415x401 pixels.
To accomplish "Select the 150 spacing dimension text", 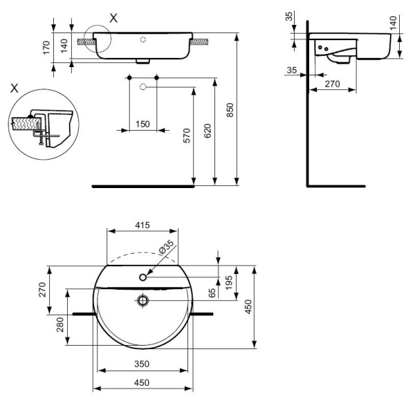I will point(142,124).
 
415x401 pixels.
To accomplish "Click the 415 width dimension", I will point(143,226).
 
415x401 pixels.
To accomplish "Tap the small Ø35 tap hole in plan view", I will point(143,277).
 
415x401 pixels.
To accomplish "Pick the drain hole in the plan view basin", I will point(143,301).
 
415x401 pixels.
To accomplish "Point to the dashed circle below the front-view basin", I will point(142,86).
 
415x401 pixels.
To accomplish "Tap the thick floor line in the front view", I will point(143,186).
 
